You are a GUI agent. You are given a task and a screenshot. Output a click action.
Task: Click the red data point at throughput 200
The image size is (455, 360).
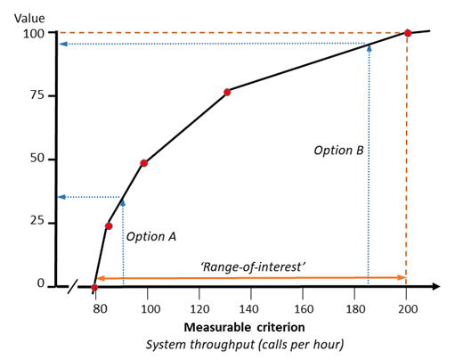click(x=408, y=33)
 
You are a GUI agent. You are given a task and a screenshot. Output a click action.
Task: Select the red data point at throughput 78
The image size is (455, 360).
click(x=94, y=287)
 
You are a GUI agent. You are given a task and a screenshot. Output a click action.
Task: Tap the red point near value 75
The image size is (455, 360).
click(x=227, y=92)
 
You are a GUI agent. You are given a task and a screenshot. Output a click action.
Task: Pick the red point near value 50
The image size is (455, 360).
click(x=143, y=163)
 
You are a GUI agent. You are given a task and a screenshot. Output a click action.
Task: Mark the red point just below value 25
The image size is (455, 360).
click(x=109, y=226)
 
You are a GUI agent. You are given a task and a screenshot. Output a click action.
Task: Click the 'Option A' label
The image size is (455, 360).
click(x=151, y=237)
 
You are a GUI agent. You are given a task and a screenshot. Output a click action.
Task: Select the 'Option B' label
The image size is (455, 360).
click(x=338, y=151)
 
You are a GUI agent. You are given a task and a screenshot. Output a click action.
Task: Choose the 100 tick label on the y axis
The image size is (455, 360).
click(x=33, y=34)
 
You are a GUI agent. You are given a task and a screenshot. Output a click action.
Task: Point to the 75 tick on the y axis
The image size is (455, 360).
click(x=37, y=96)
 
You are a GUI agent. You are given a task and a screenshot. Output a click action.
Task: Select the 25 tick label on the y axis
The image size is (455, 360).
click(x=37, y=221)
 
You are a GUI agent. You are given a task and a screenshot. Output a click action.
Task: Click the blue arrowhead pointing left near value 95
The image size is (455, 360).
click(x=63, y=44)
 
